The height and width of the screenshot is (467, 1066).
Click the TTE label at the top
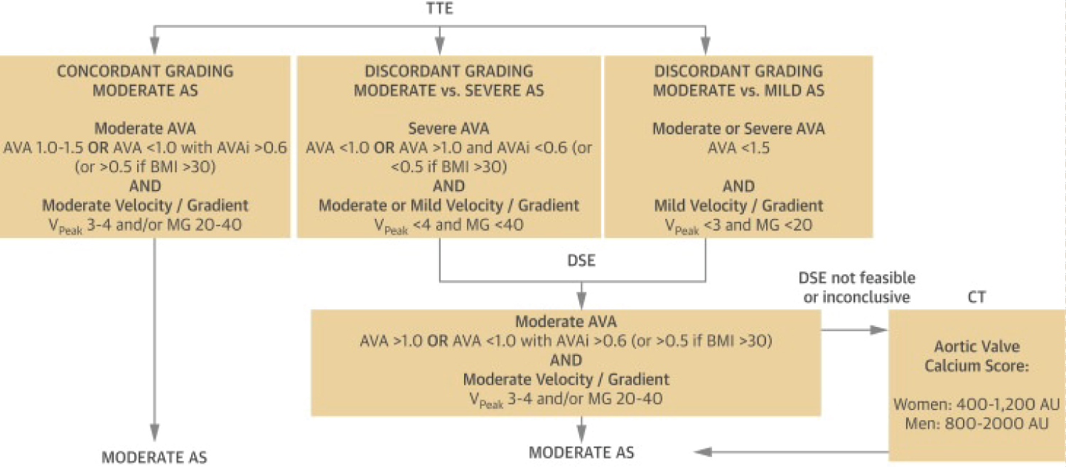click(x=439, y=9)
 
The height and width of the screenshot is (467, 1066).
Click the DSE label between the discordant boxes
click(x=581, y=260)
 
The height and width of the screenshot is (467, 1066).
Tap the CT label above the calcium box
click(x=976, y=297)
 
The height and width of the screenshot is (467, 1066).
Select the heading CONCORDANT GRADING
click(x=145, y=71)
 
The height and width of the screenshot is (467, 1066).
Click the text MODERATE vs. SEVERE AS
click(x=448, y=90)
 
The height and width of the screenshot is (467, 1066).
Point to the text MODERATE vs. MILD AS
click(x=738, y=90)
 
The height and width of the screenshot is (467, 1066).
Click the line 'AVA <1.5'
click(x=738, y=148)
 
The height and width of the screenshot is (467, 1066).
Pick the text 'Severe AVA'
click(x=448, y=129)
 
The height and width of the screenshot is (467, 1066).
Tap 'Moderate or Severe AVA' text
click(x=738, y=129)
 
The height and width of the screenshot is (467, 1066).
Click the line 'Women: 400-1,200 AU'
click(x=976, y=404)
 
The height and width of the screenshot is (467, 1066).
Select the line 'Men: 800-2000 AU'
click(x=976, y=423)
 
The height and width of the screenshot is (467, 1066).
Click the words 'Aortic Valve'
click(x=976, y=346)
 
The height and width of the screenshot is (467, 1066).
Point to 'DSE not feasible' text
click(x=856, y=277)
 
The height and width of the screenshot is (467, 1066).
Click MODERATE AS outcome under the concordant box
click(x=154, y=457)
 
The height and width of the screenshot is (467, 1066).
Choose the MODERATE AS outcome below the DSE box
click(x=581, y=452)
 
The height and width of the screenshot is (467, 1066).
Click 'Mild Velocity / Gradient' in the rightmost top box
click(x=738, y=205)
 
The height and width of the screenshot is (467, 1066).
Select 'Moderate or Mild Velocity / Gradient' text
click(x=448, y=205)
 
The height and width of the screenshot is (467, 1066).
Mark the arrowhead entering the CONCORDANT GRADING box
click(x=154, y=46)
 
